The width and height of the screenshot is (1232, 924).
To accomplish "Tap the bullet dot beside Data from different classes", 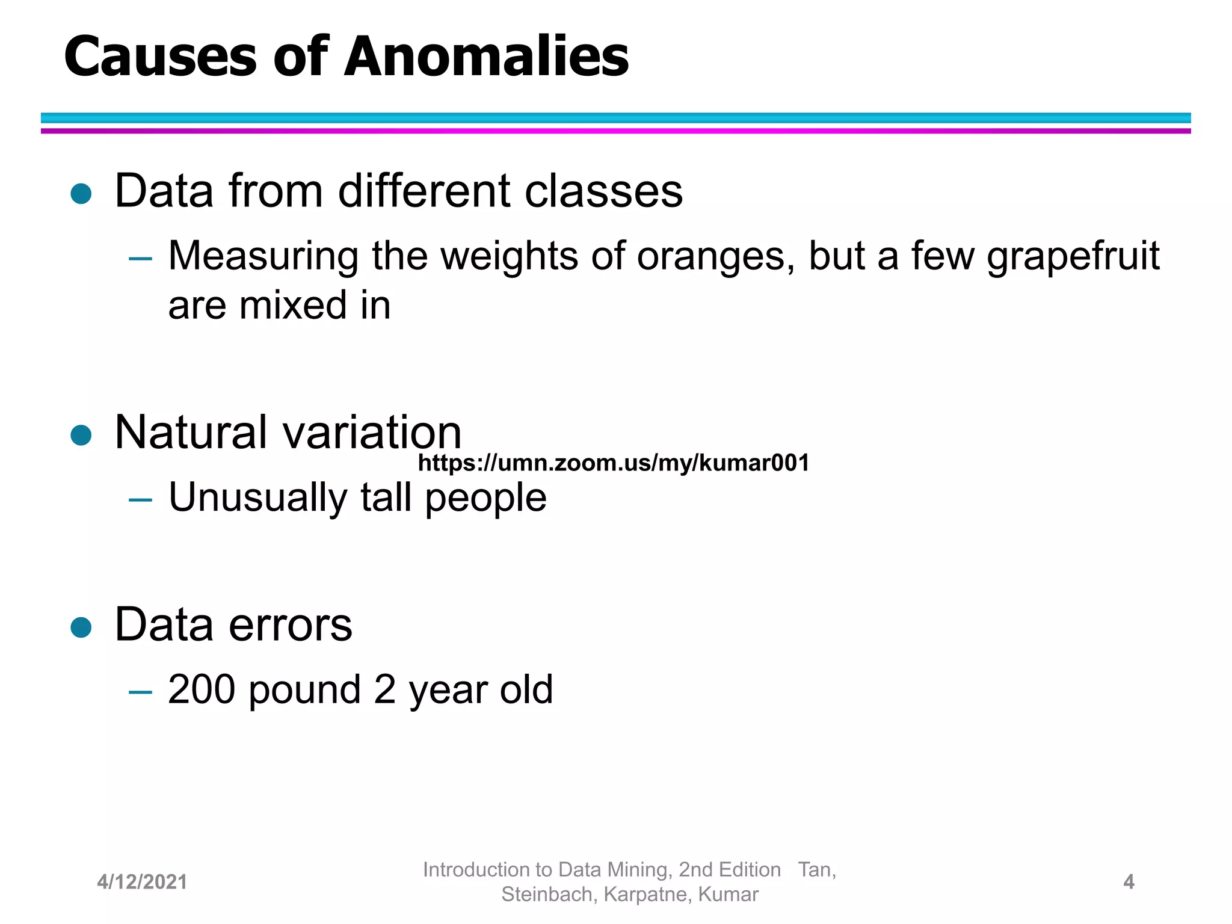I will click(x=81, y=194).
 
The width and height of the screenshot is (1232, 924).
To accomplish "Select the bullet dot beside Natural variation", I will click(x=81, y=435).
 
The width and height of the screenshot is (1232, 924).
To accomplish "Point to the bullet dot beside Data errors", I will click(x=81, y=627).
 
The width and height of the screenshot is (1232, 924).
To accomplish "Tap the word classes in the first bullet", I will click(x=603, y=191).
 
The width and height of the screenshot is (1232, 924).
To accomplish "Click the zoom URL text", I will click(x=614, y=463).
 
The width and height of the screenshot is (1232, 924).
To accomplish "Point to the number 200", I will click(x=202, y=689).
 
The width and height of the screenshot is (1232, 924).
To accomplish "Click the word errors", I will click(x=291, y=626).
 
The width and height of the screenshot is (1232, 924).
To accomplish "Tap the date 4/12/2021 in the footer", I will click(x=142, y=882).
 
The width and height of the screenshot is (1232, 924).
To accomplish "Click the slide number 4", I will click(x=1129, y=882).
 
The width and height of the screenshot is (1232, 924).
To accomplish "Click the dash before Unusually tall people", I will click(x=140, y=499).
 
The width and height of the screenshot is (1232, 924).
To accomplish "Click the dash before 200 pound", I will click(x=140, y=692).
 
